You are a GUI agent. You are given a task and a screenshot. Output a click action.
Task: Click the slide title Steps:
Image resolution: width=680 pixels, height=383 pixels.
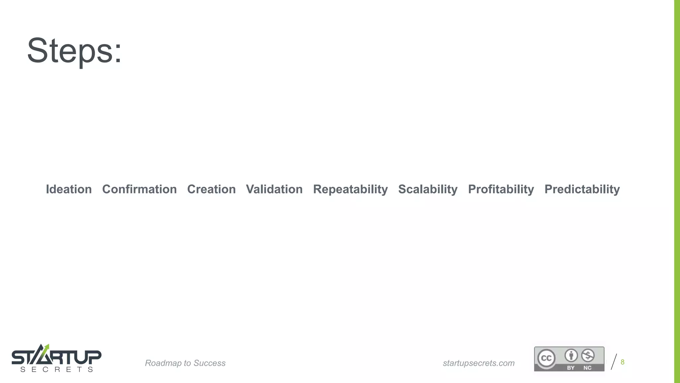[74, 51]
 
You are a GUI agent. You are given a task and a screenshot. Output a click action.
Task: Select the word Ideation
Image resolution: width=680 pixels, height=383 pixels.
[69, 189]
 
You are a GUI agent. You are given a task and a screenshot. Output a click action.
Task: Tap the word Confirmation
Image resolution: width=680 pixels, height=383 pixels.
[139, 189]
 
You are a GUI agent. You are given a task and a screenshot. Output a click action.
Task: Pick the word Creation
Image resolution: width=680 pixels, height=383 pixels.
[212, 189]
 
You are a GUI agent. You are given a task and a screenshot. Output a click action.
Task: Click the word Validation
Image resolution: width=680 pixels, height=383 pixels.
[274, 189]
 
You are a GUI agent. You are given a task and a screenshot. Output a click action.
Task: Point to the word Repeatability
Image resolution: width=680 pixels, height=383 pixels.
[350, 189]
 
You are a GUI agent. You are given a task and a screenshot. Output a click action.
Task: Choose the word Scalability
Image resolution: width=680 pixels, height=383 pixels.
[428, 189]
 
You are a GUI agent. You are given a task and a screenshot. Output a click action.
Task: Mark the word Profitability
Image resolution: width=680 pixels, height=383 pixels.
[501, 189]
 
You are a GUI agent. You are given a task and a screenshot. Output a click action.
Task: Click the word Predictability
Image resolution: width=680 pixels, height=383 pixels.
[582, 189]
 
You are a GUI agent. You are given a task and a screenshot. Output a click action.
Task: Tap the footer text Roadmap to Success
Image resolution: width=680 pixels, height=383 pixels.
[185, 363]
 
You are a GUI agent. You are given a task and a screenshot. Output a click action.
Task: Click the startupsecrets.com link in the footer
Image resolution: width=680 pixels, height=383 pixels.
[478, 363]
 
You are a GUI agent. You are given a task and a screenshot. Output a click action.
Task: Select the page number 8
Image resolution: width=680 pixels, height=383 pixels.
[623, 362]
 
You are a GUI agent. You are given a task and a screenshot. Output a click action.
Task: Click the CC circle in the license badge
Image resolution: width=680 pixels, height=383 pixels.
[546, 358]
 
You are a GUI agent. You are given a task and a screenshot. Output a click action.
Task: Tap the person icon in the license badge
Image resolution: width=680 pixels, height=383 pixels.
[571, 355]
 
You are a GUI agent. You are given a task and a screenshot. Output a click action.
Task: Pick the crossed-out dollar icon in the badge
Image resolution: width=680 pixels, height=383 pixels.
[588, 355]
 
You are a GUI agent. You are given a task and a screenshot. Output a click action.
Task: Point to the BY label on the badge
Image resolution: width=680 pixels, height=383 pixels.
[571, 368]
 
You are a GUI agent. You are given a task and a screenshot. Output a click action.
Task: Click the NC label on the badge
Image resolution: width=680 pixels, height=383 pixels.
[587, 368]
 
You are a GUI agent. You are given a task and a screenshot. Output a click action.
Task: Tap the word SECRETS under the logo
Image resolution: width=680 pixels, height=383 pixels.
[56, 370]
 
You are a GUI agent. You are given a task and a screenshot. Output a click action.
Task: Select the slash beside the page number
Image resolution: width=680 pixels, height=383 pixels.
[614, 362]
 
